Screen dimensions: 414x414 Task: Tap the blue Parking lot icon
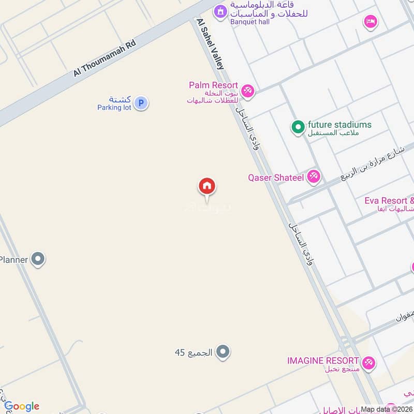(x=140, y=103)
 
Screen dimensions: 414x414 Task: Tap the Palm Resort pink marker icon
(x=248, y=91)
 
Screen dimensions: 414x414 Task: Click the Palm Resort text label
(x=213, y=85)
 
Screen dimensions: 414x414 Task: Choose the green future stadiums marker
(x=298, y=127)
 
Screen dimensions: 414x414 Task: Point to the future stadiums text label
(x=339, y=125)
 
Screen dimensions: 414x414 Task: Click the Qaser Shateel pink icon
(x=313, y=178)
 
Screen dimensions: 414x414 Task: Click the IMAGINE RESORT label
(x=323, y=360)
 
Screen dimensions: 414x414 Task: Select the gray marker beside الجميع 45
(x=223, y=352)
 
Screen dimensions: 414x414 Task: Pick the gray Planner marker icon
(x=38, y=259)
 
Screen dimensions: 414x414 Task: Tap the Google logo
(x=22, y=406)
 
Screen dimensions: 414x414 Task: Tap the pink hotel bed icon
(x=371, y=22)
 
